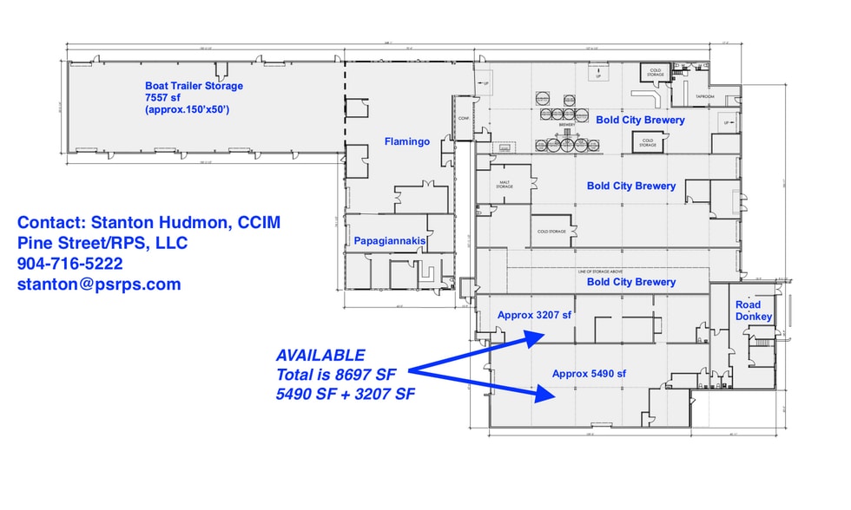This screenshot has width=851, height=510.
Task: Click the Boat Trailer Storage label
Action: click(x=194, y=86)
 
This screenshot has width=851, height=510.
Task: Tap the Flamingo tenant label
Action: click(x=406, y=141)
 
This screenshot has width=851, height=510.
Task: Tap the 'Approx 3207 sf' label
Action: click(x=534, y=315)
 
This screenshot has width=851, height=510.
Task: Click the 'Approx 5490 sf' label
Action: click(x=589, y=374)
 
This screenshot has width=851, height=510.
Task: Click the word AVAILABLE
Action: click(x=320, y=356)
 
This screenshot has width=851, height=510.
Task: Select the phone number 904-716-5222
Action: click(x=69, y=263)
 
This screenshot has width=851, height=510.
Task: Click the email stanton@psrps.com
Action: click(x=99, y=284)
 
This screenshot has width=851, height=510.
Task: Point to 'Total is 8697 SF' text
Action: click(x=334, y=374)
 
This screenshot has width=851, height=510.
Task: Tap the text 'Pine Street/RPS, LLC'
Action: click(x=102, y=243)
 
